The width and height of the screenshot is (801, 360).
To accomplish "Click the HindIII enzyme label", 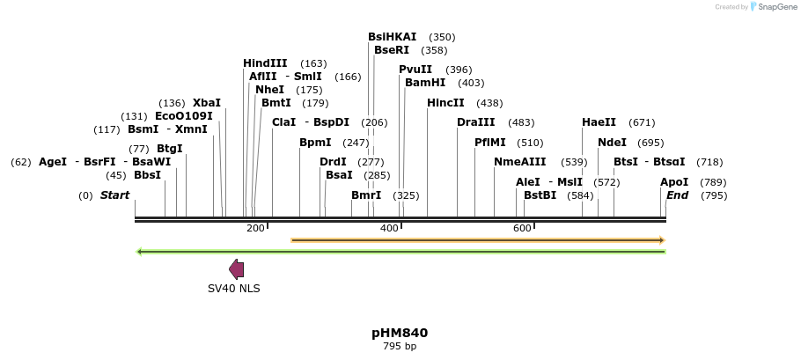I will click(x=265, y=63).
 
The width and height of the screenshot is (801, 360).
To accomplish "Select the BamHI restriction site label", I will click(x=425, y=83).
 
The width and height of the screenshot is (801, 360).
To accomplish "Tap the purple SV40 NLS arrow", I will click(x=236, y=269).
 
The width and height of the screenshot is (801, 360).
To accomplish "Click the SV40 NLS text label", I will click(x=233, y=288).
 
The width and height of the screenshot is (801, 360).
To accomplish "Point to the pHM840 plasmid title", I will click(x=400, y=333).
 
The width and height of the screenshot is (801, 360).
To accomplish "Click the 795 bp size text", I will click(x=400, y=346).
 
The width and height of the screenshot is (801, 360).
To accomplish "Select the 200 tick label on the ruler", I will click(x=255, y=228).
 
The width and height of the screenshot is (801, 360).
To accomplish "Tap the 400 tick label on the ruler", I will click(x=389, y=228).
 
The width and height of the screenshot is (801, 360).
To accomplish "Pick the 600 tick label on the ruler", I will click(x=522, y=228).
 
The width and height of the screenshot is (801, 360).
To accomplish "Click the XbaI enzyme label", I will click(x=207, y=103).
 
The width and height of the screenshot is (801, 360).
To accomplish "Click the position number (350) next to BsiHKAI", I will click(x=442, y=37).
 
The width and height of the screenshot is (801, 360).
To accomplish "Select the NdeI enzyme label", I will click(x=612, y=143).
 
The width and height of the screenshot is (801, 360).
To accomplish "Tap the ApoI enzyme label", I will click(x=674, y=182).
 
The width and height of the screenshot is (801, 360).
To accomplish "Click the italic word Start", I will click(x=114, y=195).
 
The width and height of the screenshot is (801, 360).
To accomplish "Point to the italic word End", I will click(x=677, y=195).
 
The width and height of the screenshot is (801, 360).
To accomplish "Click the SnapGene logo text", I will click(x=775, y=7).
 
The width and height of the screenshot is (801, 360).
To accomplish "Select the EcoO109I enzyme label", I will click(x=183, y=116).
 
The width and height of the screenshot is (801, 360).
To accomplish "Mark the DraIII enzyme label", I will click(x=475, y=122).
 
